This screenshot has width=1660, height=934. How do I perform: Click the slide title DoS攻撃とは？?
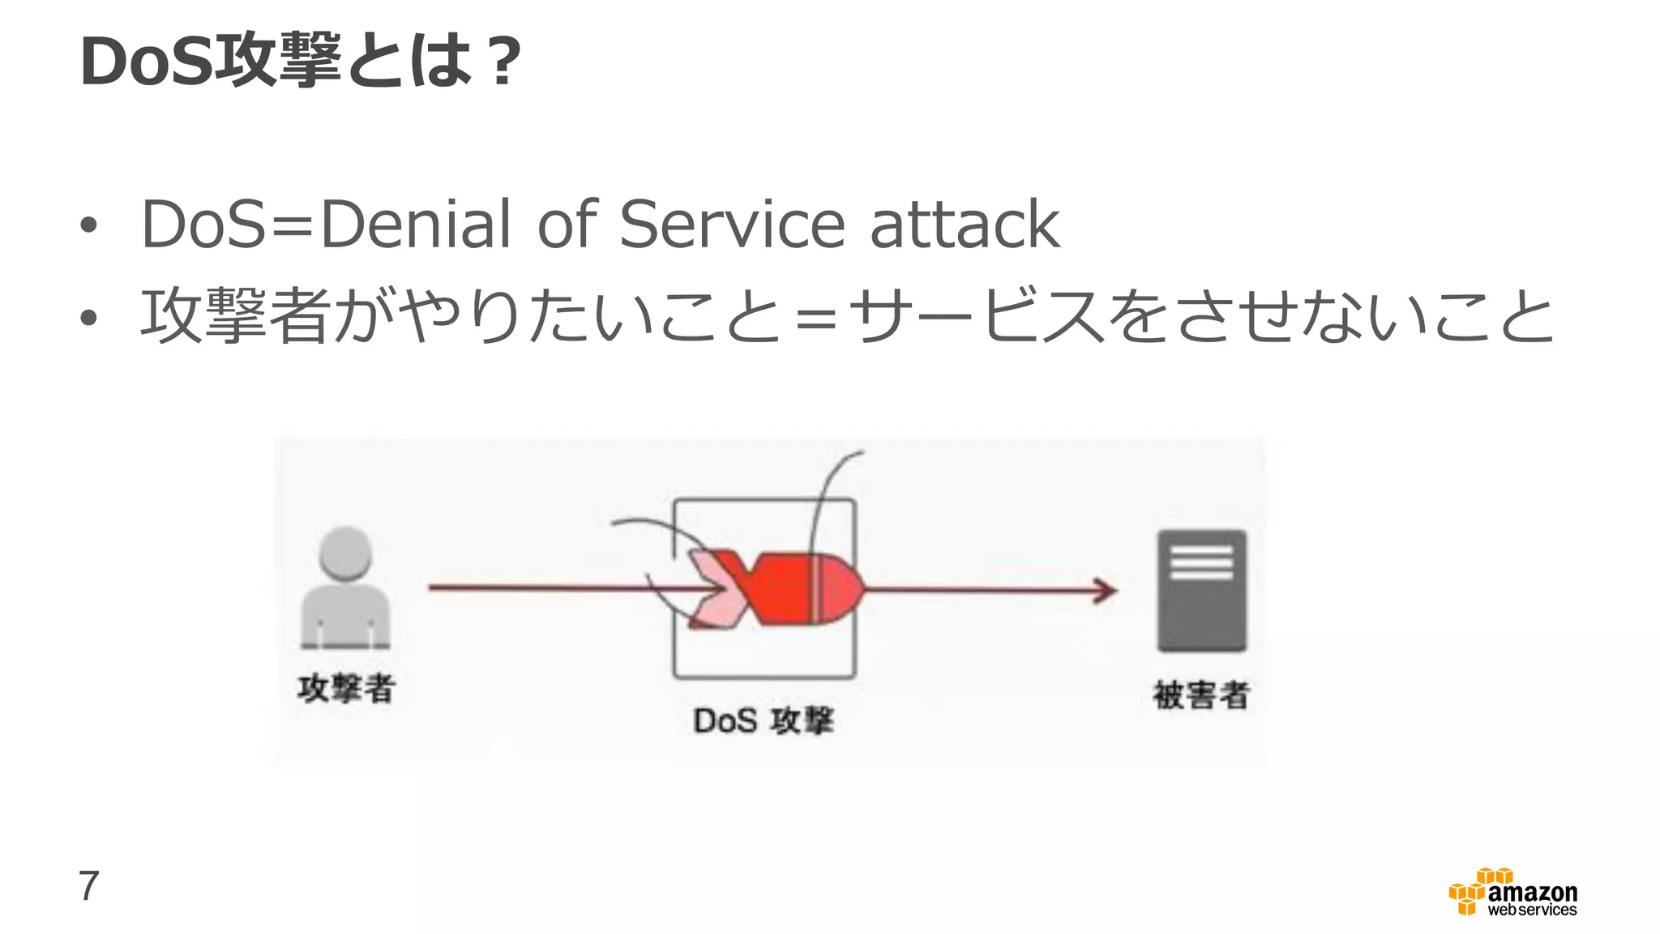click(x=300, y=62)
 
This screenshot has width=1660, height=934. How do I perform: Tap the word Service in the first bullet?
click(x=732, y=224)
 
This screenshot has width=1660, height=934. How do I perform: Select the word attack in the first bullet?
click(x=965, y=224)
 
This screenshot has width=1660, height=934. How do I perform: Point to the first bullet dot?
click(x=88, y=226)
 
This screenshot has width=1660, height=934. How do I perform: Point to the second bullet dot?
click(x=88, y=319)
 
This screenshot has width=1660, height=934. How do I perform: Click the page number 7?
click(x=88, y=885)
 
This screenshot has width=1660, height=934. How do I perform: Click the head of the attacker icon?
click(x=346, y=553)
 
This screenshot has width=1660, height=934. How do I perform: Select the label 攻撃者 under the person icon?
click(x=346, y=689)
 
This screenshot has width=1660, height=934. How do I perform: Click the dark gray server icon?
click(x=1201, y=590)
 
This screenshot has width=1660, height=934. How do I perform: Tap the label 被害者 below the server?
click(x=1201, y=695)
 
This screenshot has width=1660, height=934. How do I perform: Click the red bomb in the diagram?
click(x=802, y=589)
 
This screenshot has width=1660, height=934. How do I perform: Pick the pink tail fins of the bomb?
click(x=713, y=589)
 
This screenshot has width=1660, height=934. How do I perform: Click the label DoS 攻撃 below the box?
click(x=763, y=721)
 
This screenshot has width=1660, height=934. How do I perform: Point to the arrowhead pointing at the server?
click(x=1106, y=590)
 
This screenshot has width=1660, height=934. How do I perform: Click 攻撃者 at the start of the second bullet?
click(x=235, y=316)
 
